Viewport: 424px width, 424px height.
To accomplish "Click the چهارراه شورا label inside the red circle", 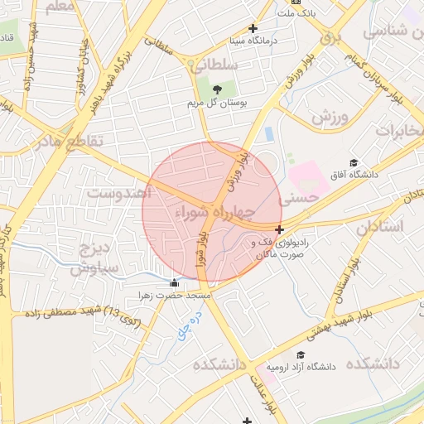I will tap(212, 213).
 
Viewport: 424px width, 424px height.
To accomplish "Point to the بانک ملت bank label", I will tap(297, 13).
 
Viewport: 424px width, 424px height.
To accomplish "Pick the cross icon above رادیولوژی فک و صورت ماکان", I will tap(280, 229).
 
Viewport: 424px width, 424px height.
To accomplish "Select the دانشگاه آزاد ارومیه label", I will tap(306, 366).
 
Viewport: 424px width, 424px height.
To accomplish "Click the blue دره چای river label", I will tap(188, 328).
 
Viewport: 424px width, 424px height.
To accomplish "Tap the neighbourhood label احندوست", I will tap(120, 192).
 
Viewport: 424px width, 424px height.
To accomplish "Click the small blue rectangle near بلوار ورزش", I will tap(268, 132).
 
